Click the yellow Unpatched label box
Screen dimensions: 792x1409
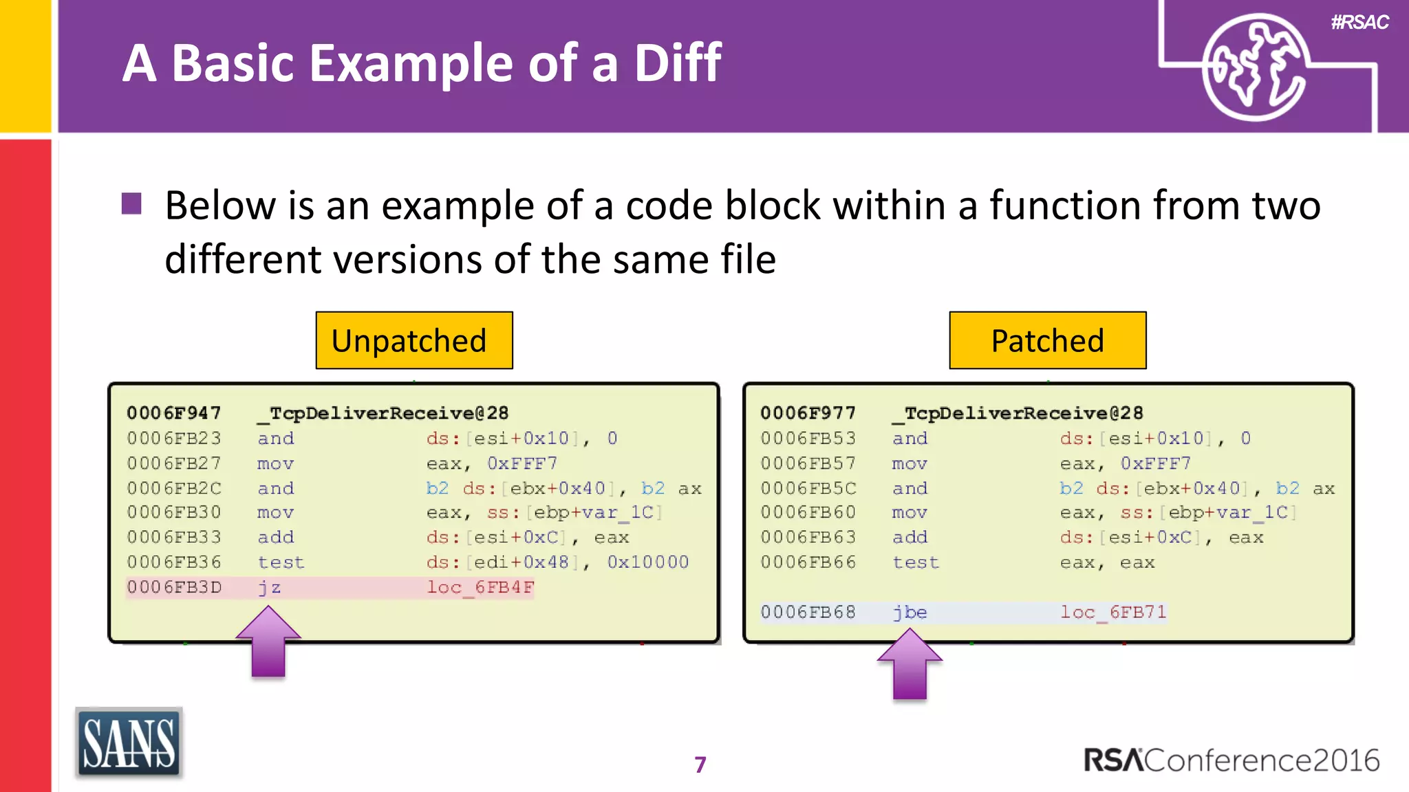click(x=413, y=340)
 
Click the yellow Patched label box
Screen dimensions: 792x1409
click(x=1047, y=340)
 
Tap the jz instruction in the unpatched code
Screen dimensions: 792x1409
click(x=269, y=588)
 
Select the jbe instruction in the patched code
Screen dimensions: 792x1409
click(x=910, y=612)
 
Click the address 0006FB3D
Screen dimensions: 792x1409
click(x=174, y=588)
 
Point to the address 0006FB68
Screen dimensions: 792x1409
click(x=808, y=612)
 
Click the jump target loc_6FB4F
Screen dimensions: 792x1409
click(x=480, y=588)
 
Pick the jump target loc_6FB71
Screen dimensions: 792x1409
click(x=1113, y=612)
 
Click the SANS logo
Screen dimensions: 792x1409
click(x=129, y=743)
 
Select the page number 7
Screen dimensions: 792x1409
click(x=700, y=764)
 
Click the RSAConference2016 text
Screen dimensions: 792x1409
click(x=1231, y=760)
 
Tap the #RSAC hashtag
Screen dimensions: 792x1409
click(x=1359, y=23)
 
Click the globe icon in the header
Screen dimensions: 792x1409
click(x=1254, y=67)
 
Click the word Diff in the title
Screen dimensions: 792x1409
click(x=677, y=63)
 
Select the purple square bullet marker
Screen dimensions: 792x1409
click(x=131, y=204)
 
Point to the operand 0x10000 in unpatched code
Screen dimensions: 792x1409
click(x=647, y=562)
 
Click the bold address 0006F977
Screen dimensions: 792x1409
click(x=808, y=413)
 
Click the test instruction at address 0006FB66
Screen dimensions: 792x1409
click(x=915, y=562)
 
